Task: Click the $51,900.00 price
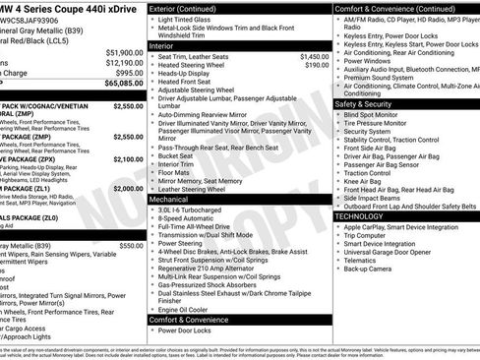(x=122, y=51)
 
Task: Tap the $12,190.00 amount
(x=122, y=62)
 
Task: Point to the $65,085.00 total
(x=122, y=85)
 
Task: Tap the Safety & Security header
(x=363, y=103)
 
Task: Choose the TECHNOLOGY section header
(x=358, y=215)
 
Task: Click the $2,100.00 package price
(x=128, y=158)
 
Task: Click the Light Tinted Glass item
(x=190, y=21)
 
